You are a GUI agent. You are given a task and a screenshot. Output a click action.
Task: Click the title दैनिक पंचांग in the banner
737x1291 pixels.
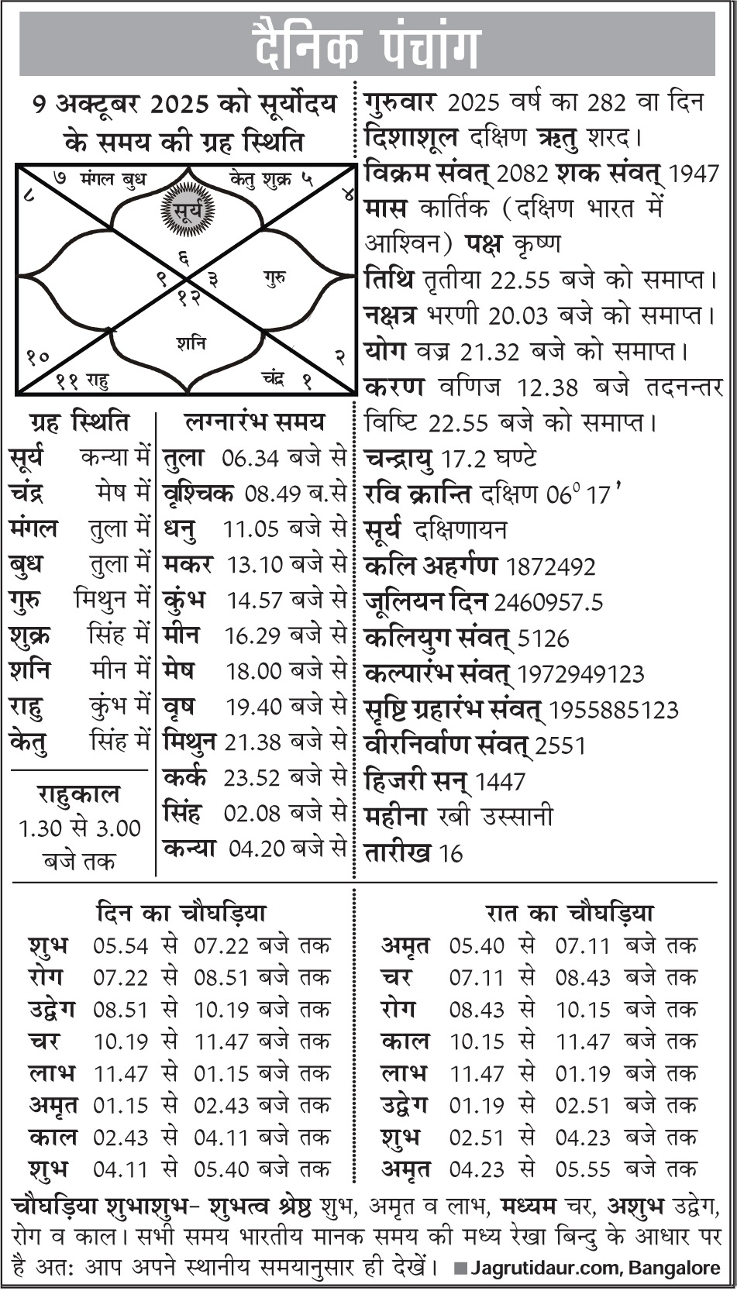click(368, 46)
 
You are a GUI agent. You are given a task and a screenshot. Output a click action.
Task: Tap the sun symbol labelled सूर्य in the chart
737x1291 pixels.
click(187, 208)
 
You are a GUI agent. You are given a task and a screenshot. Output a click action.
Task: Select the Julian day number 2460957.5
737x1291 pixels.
click(548, 602)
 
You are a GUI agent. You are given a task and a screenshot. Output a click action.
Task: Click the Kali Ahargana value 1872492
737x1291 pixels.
click(550, 566)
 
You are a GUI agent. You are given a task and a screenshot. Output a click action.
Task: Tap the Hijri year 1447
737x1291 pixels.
click(500, 782)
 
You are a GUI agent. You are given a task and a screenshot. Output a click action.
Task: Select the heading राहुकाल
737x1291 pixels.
click(78, 794)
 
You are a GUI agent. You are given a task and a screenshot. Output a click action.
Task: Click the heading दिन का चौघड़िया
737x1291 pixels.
click(181, 913)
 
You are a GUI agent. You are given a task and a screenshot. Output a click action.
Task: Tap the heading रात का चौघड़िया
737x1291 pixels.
click(570, 913)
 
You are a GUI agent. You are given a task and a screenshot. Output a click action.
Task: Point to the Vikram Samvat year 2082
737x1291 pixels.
click(527, 174)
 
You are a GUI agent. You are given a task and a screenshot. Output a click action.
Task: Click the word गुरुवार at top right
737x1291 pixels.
click(400, 102)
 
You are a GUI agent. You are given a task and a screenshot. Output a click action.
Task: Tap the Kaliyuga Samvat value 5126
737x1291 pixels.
click(542, 639)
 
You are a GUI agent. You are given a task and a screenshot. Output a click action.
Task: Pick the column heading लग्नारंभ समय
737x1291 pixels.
click(255, 422)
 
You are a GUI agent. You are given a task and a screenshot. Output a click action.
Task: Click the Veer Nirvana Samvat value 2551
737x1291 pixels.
click(561, 746)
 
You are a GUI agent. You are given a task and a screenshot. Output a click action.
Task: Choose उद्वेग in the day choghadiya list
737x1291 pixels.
click(52, 1010)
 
